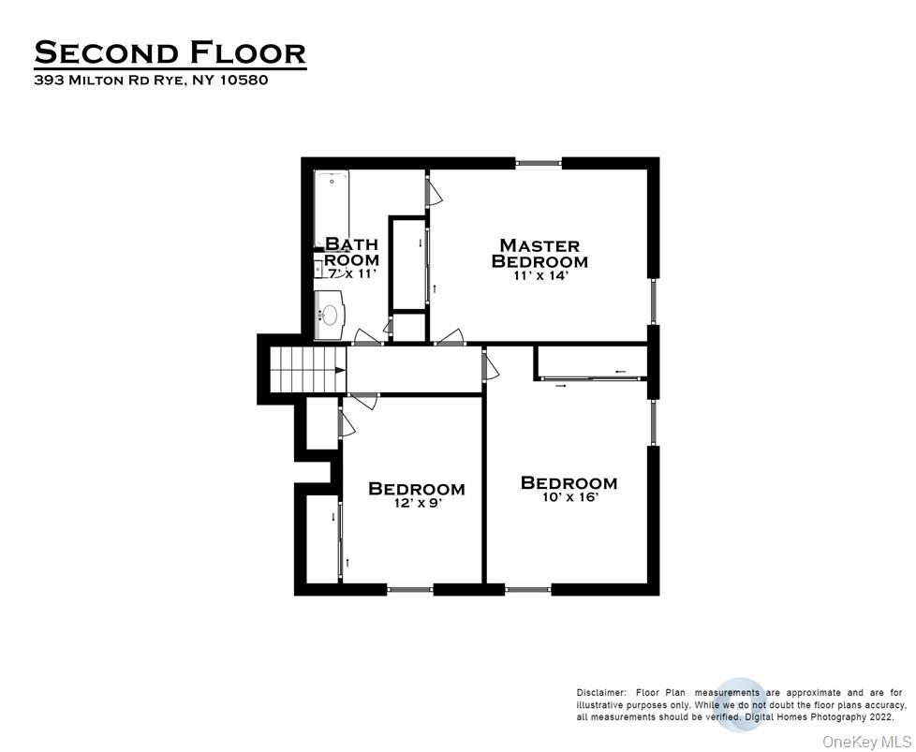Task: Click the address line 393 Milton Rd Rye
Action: pyautogui.click(x=151, y=81)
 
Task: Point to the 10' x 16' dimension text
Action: pyautogui.click(x=569, y=498)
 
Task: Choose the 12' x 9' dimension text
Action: pyautogui.click(x=417, y=503)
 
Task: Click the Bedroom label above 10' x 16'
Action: pyautogui.click(x=569, y=483)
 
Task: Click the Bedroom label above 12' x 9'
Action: pyautogui.click(x=417, y=488)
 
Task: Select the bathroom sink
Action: pyautogui.click(x=331, y=315)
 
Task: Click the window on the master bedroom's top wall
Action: pyautogui.click(x=539, y=163)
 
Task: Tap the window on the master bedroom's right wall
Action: pyautogui.click(x=654, y=301)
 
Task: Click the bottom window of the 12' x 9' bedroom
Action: pyautogui.click(x=410, y=589)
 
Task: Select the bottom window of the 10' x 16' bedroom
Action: pyautogui.click(x=528, y=589)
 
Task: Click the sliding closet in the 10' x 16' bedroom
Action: pyautogui.click(x=590, y=362)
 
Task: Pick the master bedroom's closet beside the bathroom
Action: pyautogui.click(x=408, y=263)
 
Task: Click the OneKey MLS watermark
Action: pyautogui.click(x=865, y=741)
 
